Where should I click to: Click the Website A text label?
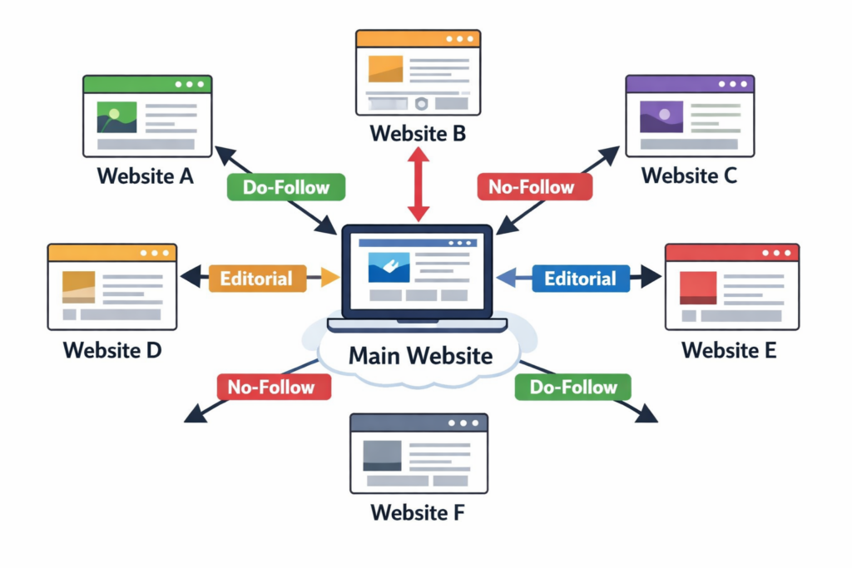[x=146, y=176]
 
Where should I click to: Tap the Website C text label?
[x=689, y=175]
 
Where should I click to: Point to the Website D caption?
[x=112, y=350]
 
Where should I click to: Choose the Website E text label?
[x=729, y=350]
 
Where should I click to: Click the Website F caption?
[x=418, y=512]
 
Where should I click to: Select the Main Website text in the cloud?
[x=421, y=355]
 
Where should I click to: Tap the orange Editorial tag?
[x=257, y=278]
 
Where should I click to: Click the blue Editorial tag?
[x=580, y=278]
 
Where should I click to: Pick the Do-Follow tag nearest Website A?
[x=286, y=187]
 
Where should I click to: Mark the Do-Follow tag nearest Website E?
[x=572, y=387]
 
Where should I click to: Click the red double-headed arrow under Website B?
[x=419, y=184]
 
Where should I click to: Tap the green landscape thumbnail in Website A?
[x=116, y=117]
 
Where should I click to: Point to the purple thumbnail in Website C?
[x=661, y=116]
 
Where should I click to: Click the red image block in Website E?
[x=699, y=288]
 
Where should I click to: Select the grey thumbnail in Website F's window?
[x=382, y=455]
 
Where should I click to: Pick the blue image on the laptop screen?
[x=389, y=267]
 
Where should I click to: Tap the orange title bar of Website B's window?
[x=418, y=39]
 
